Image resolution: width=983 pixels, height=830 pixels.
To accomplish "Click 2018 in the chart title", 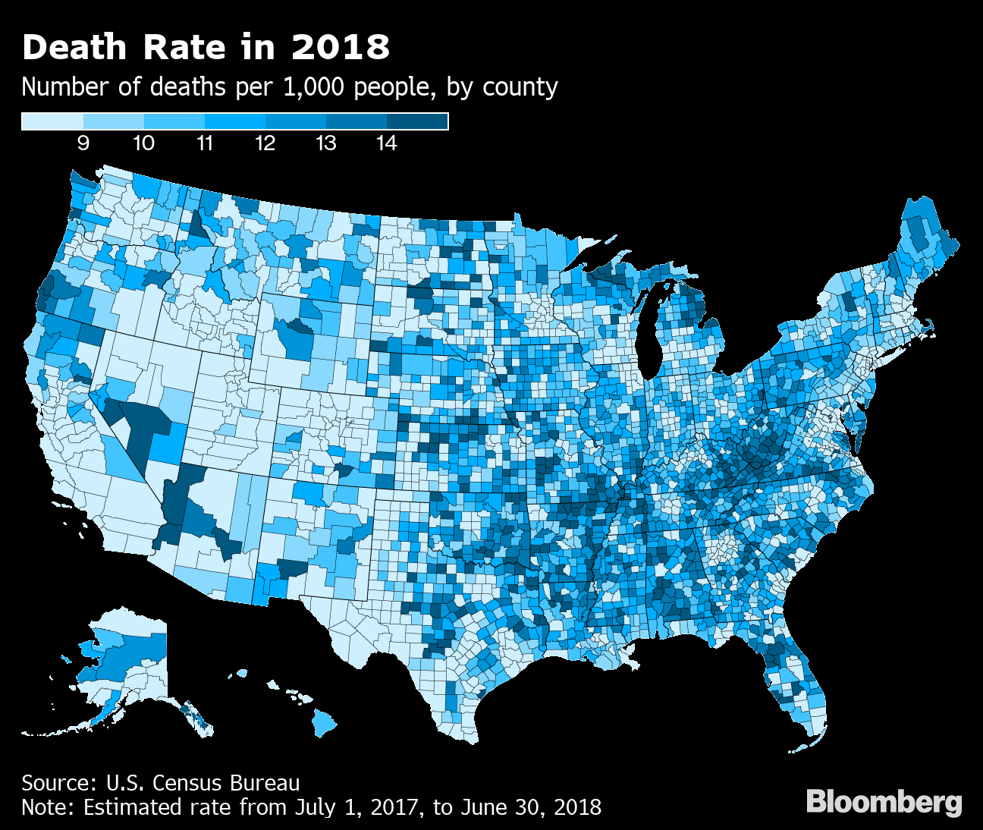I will tap(341, 47).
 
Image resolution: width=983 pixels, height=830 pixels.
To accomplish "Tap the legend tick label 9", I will tap(83, 143).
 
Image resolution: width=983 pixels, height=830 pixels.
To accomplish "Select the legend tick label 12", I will tap(265, 143).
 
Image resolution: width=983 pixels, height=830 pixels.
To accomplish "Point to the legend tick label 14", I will tap(386, 143).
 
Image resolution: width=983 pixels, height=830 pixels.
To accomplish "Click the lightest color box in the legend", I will tap(52, 121).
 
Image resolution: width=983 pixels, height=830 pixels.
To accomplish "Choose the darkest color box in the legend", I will tap(417, 121).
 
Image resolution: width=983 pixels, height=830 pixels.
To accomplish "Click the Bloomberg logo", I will tap(884, 802).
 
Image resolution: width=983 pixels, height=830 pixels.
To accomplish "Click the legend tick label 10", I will tap(143, 143).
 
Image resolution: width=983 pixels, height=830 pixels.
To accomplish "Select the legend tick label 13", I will tap(325, 143).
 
